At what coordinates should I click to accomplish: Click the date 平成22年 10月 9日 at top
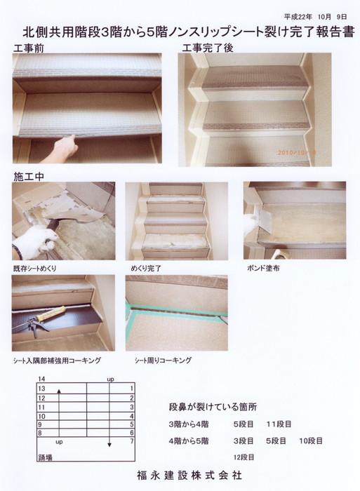coord(315,17)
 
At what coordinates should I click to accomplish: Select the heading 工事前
coord(29,48)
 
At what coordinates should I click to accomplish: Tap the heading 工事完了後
coord(208,48)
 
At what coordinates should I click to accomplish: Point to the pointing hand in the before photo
coord(60,149)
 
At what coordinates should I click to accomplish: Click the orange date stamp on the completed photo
coord(297,153)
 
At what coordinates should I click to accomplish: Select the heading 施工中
coord(28,177)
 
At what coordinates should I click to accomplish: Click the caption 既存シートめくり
coord(35,269)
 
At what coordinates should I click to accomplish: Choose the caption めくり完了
coord(146,269)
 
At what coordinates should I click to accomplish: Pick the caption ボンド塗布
coord(263,268)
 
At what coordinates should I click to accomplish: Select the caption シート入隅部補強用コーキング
coord(57,361)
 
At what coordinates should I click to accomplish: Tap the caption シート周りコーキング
coord(163,361)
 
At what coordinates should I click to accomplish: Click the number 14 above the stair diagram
coord(41,379)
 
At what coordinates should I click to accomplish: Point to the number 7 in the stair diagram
coord(132,441)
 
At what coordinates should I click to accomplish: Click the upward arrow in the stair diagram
coord(59,412)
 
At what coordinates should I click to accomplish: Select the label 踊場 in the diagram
coord(45,457)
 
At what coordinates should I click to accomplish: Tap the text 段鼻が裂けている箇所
coord(213,407)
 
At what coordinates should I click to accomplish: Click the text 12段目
coord(244,457)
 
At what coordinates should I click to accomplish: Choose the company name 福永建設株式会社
coord(189,476)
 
